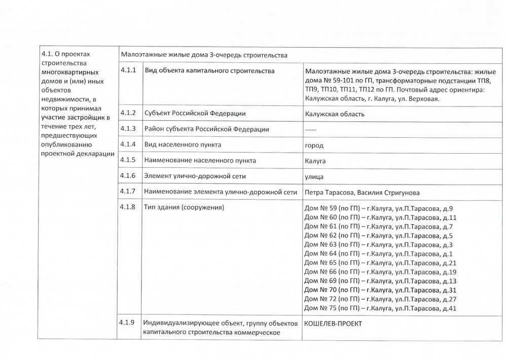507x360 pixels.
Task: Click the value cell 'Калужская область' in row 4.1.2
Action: (335, 114)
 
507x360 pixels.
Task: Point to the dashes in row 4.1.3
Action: (311, 129)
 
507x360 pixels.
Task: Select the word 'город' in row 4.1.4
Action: (314, 146)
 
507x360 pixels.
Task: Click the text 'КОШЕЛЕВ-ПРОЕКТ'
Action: (334, 324)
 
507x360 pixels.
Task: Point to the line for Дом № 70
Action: (380, 290)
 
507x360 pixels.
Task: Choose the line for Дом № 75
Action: (380, 308)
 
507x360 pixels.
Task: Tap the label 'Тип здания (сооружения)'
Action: (185, 207)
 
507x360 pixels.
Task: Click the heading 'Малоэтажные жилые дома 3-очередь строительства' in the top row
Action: (204, 55)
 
